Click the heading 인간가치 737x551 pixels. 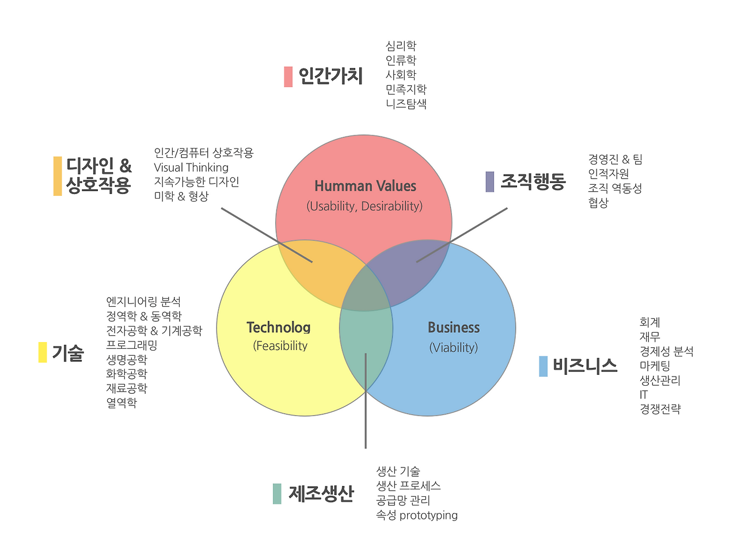point(330,76)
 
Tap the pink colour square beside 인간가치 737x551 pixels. point(288,77)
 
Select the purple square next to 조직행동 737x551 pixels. point(490,182)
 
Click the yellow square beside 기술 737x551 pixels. point(43,352)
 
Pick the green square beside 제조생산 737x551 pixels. point(277,493)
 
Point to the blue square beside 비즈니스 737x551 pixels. point(544,366)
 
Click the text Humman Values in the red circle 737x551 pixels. point(365,186)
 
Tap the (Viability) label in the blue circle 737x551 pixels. point(454,347)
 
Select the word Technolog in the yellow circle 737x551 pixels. point(278,328)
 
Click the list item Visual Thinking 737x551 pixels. point(191,167)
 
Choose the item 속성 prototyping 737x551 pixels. point(417,515)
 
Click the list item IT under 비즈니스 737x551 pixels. point(644,394)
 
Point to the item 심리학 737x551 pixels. point(401,45)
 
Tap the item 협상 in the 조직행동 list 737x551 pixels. point(598,203)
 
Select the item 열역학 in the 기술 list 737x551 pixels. point(121,402)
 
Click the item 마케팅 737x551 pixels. point(655,366)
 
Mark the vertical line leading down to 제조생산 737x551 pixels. point(366,401)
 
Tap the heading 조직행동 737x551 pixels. point(533,182)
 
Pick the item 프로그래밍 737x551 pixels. point(132,345)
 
